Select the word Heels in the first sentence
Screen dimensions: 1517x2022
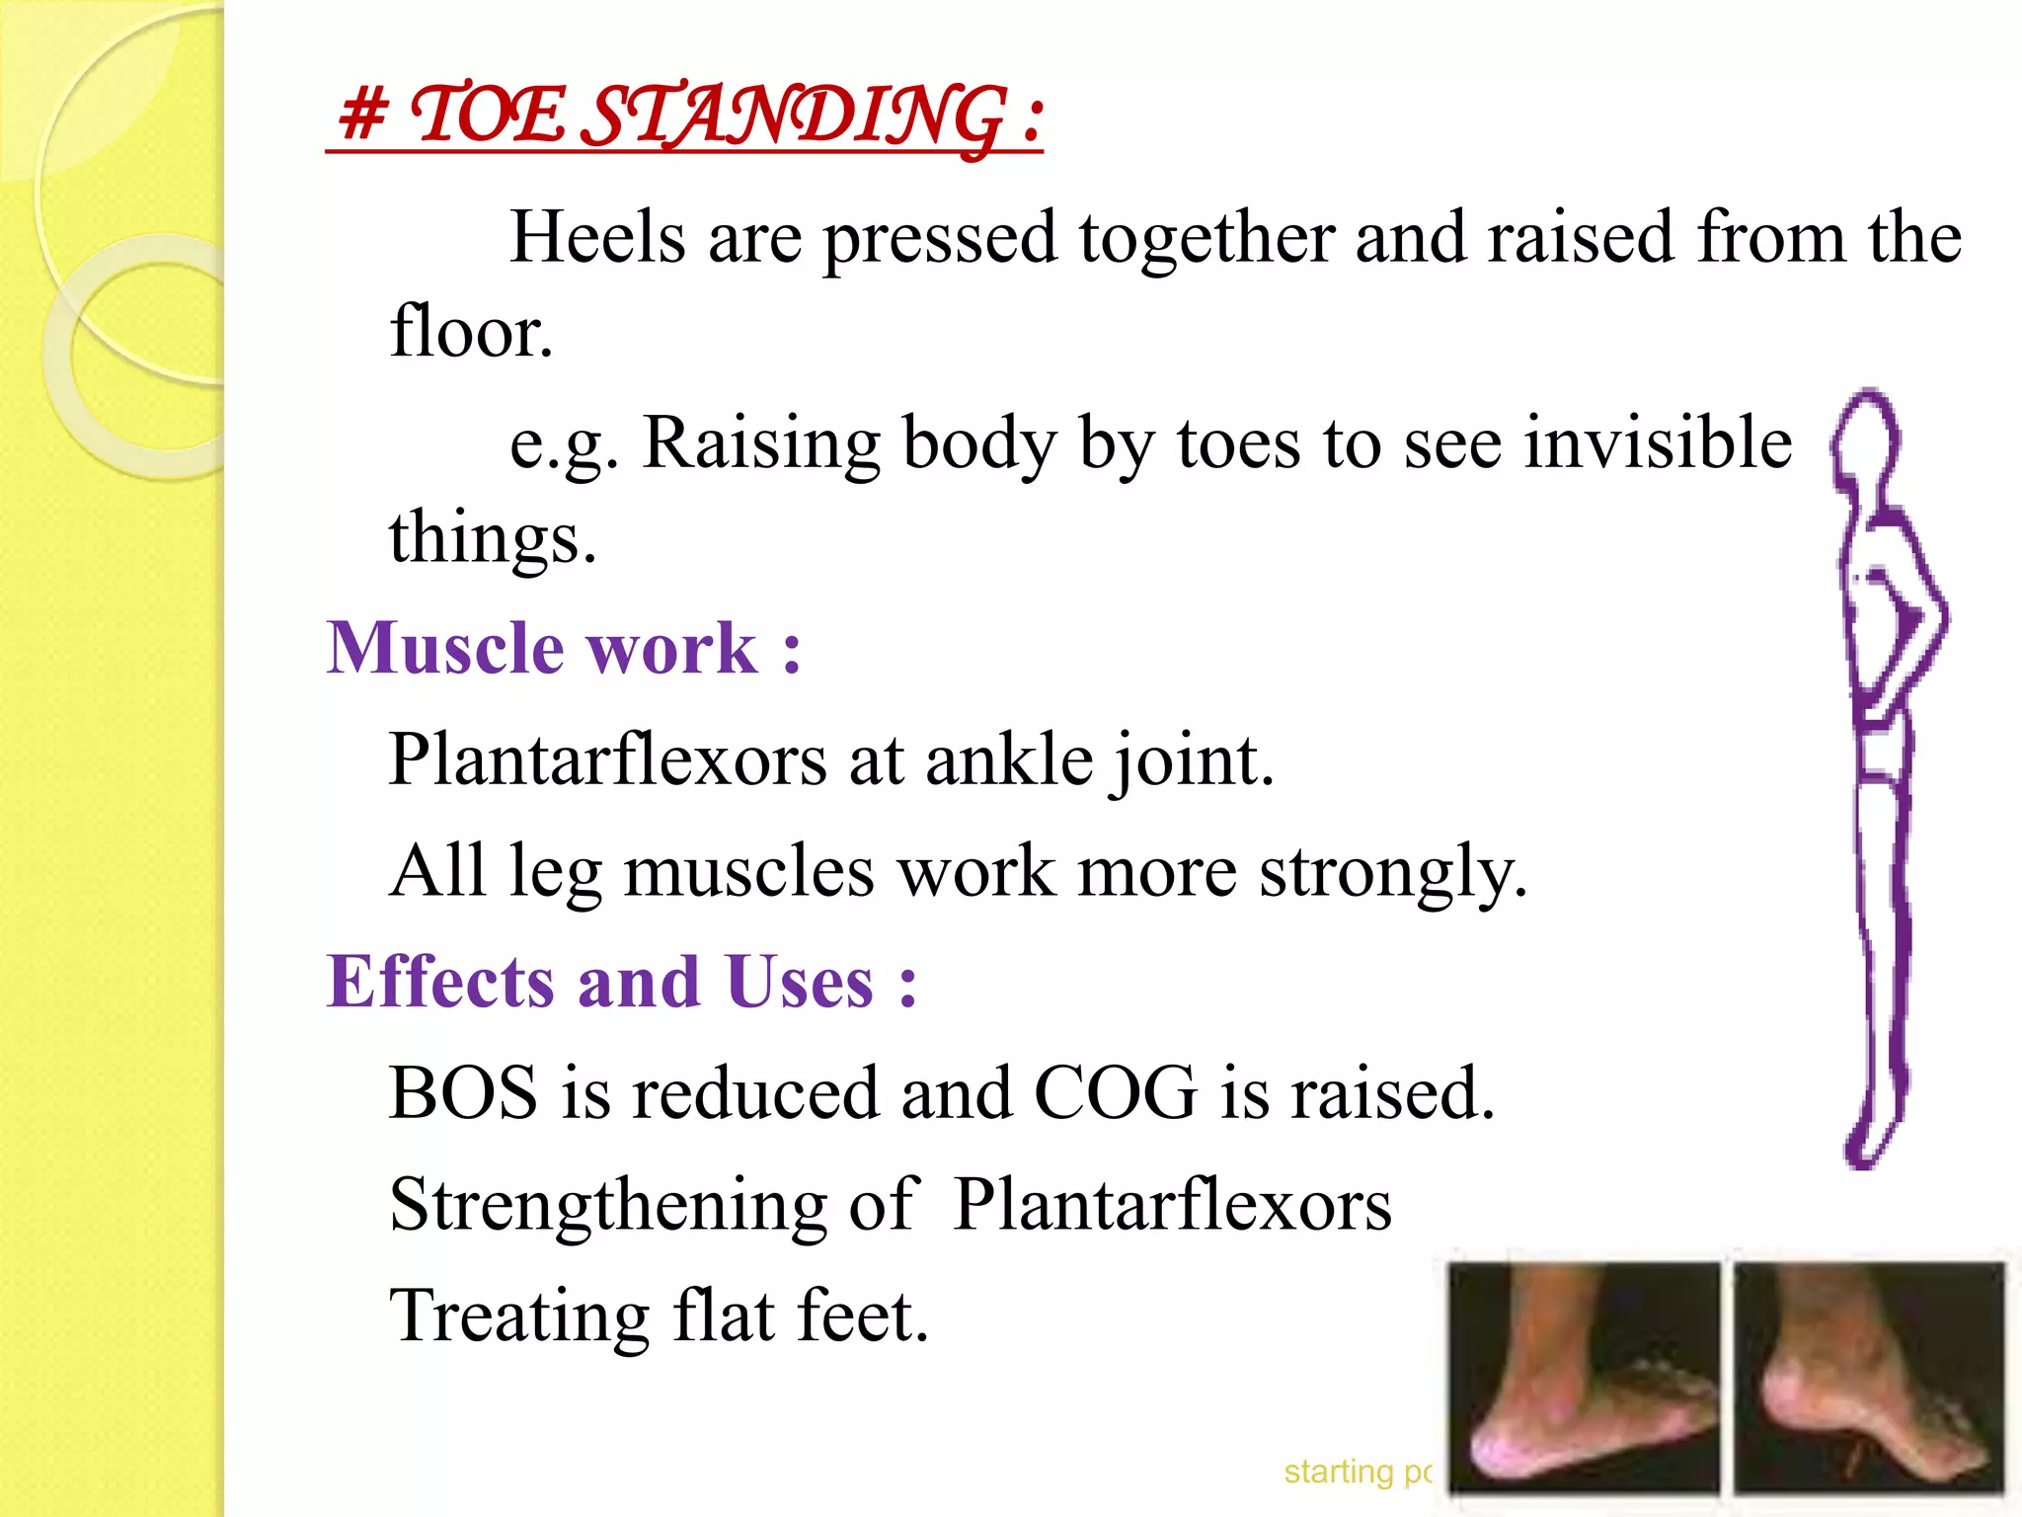(597, 238)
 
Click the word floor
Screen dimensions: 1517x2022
(470, 333)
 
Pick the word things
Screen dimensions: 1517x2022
(492, 538)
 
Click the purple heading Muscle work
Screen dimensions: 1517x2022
(563, 649)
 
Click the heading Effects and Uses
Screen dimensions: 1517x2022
(622, 983)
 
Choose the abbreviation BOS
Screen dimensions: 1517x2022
(463, 1093)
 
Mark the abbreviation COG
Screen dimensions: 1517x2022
(1115, 1093)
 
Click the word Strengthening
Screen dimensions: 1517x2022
(608, 1205)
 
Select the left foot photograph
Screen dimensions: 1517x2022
(1584, 1378)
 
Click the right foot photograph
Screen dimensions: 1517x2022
(1870, 1378)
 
